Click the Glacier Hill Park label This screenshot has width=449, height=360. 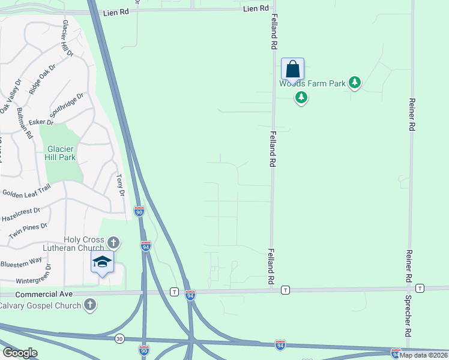[60, 153]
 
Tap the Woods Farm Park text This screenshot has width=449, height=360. [312, 83]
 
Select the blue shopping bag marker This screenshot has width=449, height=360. [292, 69]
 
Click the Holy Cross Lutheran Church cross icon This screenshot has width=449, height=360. [113, 242]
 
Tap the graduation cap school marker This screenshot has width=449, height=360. [102, 262]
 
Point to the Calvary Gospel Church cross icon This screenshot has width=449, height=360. [90, 305]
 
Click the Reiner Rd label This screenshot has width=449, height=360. [412, 115]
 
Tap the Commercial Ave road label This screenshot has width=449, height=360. [44, 294]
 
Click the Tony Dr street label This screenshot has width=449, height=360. [119, 185]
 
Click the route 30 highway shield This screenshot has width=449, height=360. [119, 338]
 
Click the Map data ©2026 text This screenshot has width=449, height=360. [424, 355]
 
